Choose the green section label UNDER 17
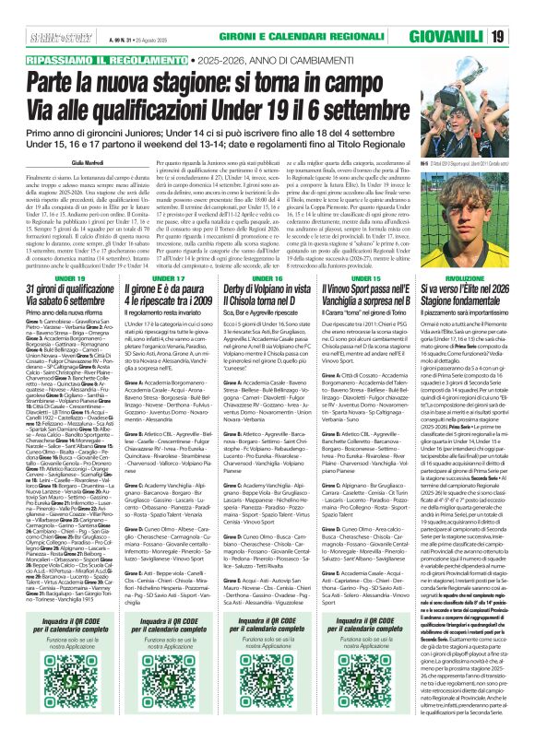click(x=157, y=277)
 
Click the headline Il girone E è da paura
click(x=157, y=296)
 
